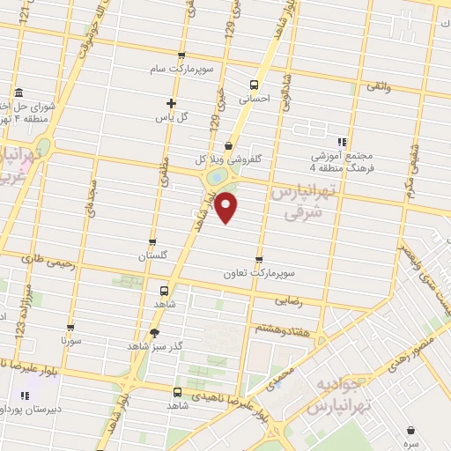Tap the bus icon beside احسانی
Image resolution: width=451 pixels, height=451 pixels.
255,85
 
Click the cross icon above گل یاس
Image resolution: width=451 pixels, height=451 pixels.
171,103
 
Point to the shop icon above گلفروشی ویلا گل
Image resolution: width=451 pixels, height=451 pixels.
229,146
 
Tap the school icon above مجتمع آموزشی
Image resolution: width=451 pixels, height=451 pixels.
342,141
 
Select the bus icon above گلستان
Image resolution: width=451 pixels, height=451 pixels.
153,242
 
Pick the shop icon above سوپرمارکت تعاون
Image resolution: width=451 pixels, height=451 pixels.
259,258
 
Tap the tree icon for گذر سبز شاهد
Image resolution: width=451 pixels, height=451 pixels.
155,332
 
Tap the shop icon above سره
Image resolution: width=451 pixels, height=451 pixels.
411,429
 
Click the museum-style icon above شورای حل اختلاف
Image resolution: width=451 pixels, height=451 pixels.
19,93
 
